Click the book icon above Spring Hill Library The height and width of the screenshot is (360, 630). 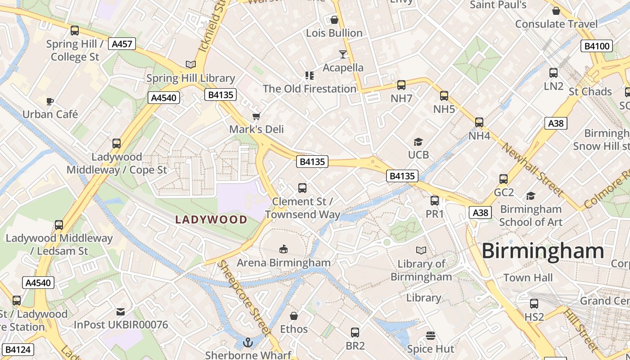point(191,64)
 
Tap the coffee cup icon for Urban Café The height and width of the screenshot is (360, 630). point(50,101)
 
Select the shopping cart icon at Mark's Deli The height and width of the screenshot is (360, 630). point(256,117)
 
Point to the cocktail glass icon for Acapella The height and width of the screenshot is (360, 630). point(343,54)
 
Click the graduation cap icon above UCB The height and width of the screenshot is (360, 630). point(418,142)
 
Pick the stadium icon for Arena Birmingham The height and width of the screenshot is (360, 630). point(283,249)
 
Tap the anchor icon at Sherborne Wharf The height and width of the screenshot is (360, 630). point(248,343)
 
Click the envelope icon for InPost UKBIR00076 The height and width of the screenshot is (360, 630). point(121,311)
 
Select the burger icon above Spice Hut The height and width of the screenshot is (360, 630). point(431,336)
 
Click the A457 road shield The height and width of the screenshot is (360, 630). point(122,44)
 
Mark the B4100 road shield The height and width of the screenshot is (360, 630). point(596,46)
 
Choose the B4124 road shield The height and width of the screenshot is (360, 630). point(18,349)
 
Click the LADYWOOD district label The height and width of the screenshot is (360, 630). point(211,220)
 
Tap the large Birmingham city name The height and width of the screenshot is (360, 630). point(543,251)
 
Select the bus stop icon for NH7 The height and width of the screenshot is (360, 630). point(401,85)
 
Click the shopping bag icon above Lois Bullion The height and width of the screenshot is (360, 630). point(334,20)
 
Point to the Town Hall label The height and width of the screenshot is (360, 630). point(528,278)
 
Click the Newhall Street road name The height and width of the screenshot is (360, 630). point(532,170)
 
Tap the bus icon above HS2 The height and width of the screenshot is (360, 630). point(534,304)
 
